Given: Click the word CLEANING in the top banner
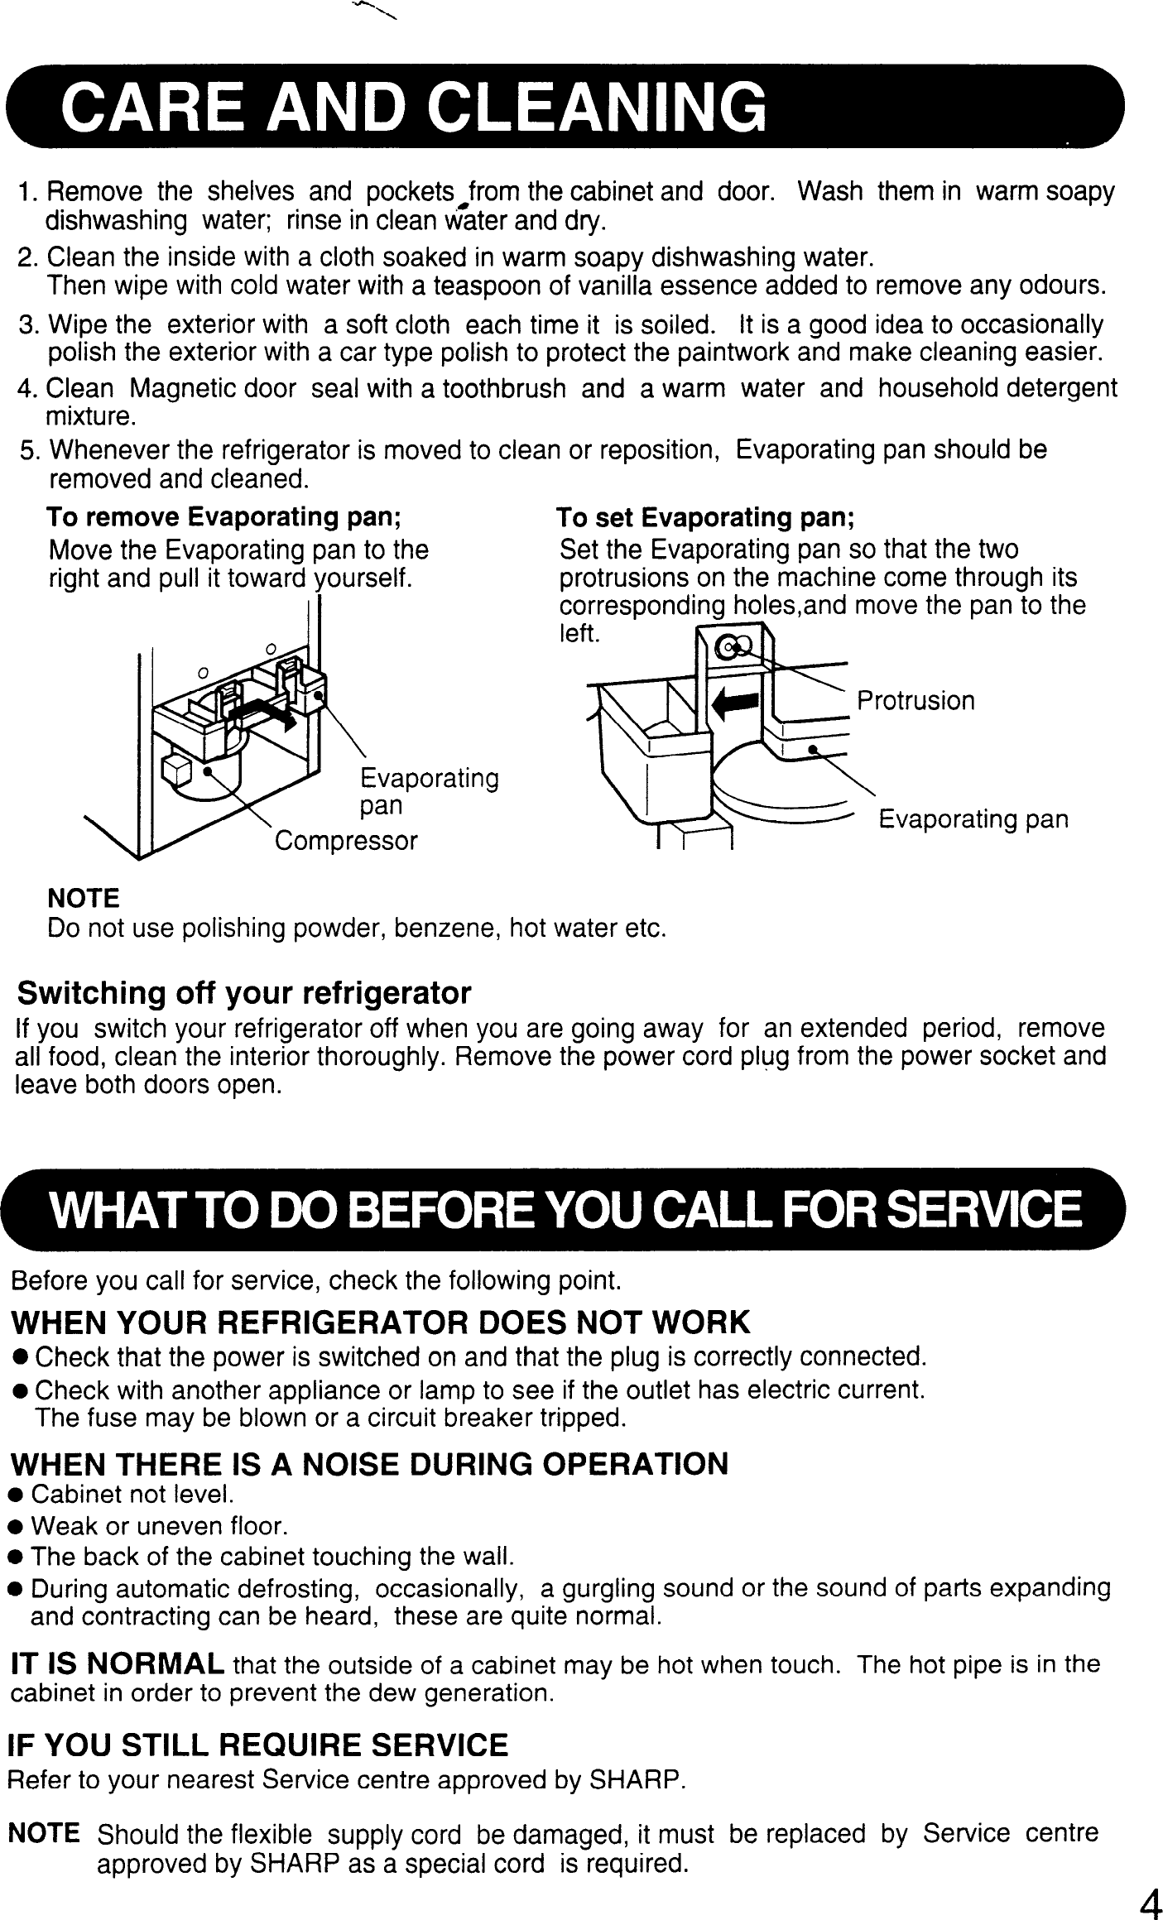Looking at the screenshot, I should pyautogui.click(x=599, y=110).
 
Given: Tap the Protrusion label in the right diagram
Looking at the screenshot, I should pyautogui.click(x=916, y=701).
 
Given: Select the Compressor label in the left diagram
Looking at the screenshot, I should pyautogui.click(x=346, y=842).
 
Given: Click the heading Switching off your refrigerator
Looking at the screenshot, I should pyautogui.click(x=244, y=992).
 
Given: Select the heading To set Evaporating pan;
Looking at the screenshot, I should pyautogui.click(x=705, y=518).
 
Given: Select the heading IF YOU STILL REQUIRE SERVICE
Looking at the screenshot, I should pyautogui.click(x=257, y=1746).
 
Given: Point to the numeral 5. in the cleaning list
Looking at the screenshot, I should pyautogui.click(x=31, y=451).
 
